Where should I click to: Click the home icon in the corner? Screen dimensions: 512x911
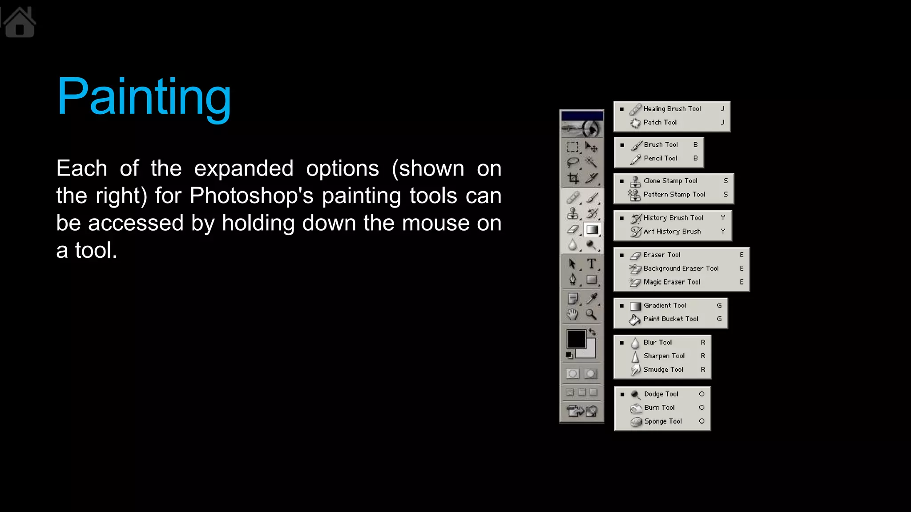coord(19,23)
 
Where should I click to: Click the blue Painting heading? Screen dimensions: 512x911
coord(144,97)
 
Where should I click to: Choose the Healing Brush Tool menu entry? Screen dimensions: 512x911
coord(672,109)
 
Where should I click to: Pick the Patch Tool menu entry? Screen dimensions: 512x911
coord(660,122)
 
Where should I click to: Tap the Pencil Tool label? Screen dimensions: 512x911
coord(660,158)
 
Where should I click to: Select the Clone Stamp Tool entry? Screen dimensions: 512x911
coord(670,181)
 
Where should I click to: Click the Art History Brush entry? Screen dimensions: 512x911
coord(672,232)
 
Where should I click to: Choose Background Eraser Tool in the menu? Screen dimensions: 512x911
coord(681,268)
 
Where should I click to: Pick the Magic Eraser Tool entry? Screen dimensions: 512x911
coord(672,282)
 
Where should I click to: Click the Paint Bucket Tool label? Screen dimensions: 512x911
coord(670,319)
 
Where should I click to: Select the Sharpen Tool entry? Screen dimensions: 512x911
coord(664,356)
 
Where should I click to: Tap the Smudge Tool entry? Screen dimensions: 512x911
coord(663,370)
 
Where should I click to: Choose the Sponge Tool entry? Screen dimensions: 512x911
coord(663,421)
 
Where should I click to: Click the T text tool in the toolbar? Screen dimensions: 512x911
coord(591,264)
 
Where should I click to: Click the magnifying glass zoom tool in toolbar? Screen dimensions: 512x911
coord(591,315)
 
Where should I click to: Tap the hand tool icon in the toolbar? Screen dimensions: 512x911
coord(572,315)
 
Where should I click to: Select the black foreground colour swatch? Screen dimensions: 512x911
coord(576,339)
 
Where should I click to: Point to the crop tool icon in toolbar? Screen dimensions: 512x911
coord(573,179)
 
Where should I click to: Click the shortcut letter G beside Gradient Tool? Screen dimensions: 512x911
coord(719,305)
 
